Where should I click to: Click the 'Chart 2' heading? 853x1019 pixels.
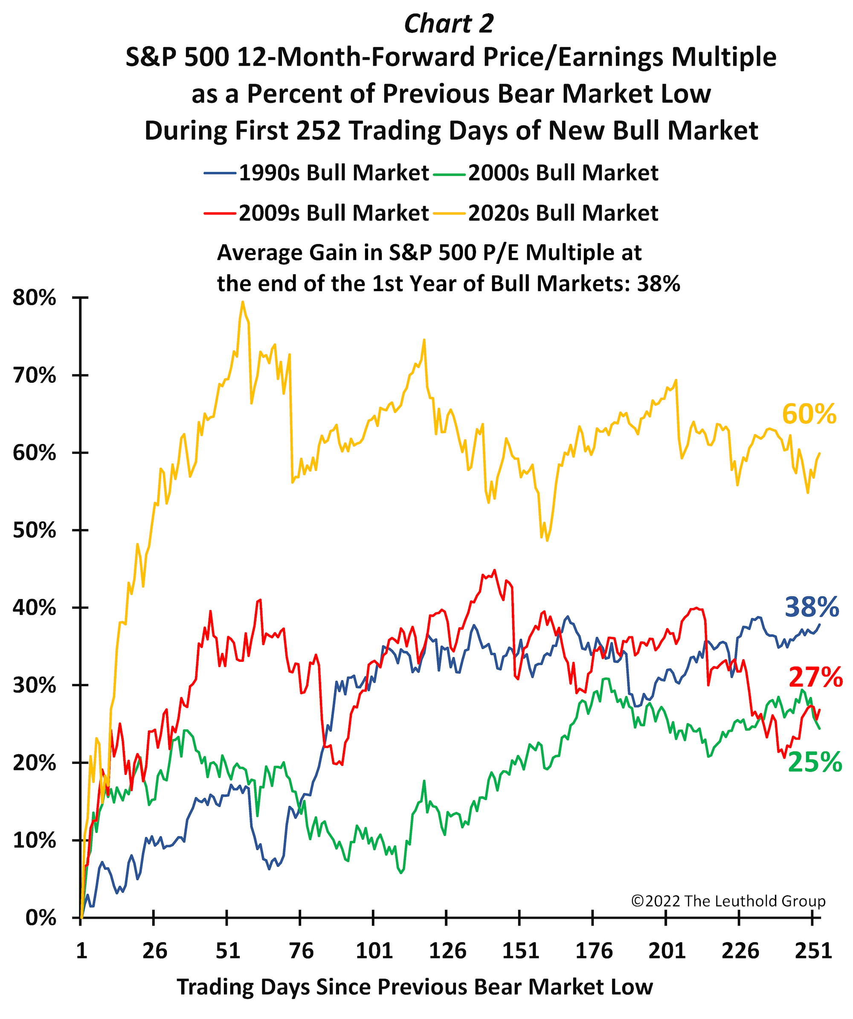(449, 23)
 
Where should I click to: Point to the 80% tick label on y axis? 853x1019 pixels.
(35, 297)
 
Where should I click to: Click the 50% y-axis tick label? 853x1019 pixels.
(35, 530)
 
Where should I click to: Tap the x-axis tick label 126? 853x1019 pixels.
(447, 951)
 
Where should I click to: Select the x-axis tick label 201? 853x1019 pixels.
(667, 951)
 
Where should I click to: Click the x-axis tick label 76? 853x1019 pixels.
(301, 951)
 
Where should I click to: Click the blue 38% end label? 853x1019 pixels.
(811, 607)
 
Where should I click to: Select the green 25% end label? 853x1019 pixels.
(815, 762)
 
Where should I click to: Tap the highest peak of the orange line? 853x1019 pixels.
(243, 302)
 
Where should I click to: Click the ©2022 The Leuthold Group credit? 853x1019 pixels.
(728, 901)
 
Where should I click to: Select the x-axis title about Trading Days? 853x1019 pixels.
(415, 987)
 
